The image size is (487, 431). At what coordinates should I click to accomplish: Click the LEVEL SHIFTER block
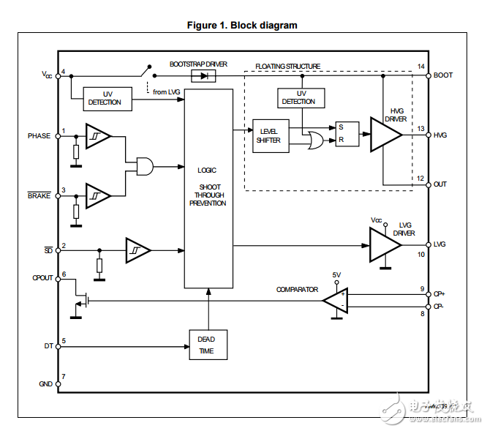click(x=268, y=135)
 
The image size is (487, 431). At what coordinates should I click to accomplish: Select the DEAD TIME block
click(x=207, y=345)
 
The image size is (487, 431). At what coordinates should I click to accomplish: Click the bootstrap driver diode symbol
click(x=199, y=75)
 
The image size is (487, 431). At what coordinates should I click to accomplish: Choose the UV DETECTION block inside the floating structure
click(x=301, y=97)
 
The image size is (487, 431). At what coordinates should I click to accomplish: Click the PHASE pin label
click(x=39, y=135)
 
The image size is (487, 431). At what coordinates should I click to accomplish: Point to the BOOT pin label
click(x=443, y=75)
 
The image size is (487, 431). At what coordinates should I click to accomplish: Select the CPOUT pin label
click(x=42, y=277)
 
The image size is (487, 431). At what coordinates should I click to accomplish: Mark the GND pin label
click(x=45, y=383)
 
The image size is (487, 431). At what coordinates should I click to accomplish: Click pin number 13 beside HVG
click(x=420, y=129)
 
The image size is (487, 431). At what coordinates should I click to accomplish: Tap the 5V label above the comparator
click(x=336, y=274)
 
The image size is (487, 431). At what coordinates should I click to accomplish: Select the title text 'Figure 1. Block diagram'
click(x=242, y=26)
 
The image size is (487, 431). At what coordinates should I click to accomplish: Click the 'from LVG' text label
click(x=167, y=91)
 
